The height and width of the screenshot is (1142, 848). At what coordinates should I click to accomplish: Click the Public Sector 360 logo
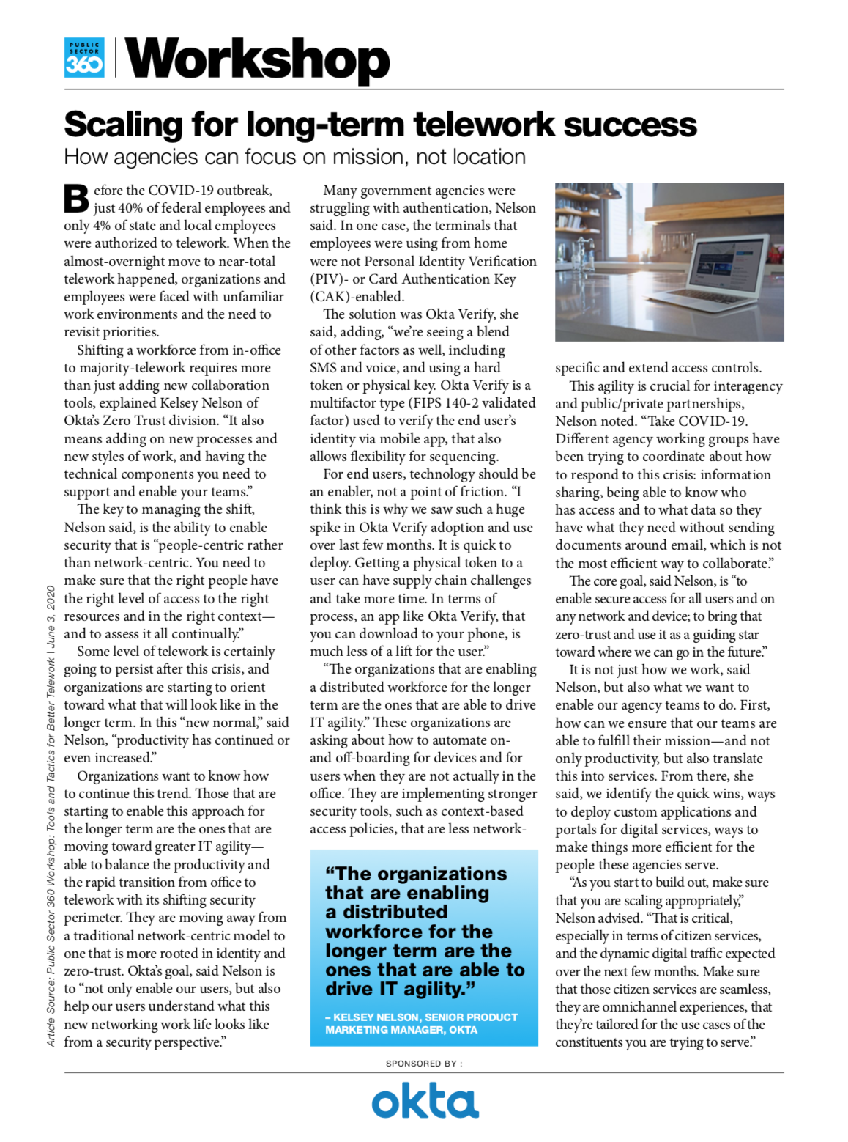click(x=84, y=58)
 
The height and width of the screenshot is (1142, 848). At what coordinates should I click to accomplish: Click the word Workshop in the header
click(x=258, y=60)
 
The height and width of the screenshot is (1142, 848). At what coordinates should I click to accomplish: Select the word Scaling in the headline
click(x=122, y=125)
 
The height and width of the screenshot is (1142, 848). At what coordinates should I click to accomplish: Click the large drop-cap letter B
click(x=76, y=199)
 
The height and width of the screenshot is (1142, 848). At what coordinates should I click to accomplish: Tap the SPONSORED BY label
click(x=424, y=1064)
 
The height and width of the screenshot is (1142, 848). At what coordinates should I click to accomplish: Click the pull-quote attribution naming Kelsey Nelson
click(x=422, y=1023)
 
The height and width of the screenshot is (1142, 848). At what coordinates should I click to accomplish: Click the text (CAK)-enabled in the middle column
click(x=357, y=297)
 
